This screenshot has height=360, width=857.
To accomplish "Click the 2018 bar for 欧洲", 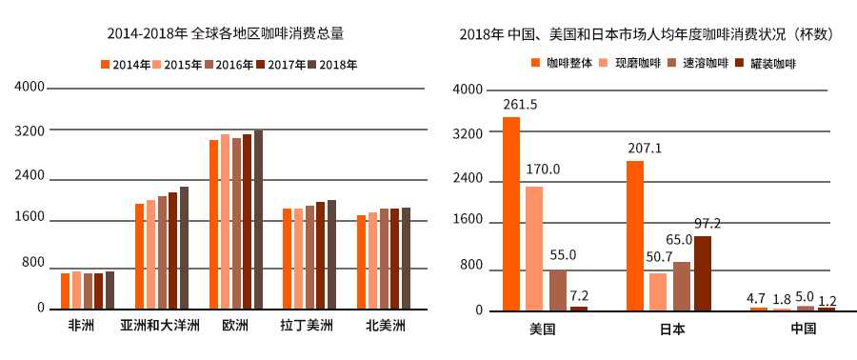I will [x=258, y=219].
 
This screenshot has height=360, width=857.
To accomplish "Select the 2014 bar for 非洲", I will [x=65, y=290].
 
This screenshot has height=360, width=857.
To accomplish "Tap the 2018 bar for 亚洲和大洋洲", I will [x=184, y=248].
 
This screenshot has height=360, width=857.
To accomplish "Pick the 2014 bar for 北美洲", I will [x=362, y=262].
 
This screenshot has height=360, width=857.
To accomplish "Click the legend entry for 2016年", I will [x=229, y=65].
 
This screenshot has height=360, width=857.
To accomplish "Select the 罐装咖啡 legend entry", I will [x=766, y=64].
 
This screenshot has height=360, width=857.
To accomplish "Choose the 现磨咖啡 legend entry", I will [x=630, y=64].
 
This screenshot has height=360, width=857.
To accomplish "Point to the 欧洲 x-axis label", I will [x=235, y=326].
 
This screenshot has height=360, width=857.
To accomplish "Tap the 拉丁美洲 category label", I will [x=307, y=326].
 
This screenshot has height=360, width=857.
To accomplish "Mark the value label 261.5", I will [x=520, y=105].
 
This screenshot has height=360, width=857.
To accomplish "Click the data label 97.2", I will [x=707, y=224].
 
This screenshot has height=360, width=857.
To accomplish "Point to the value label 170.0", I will [x=543, y=170].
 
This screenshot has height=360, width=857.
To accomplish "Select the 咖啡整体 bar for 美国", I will [x=511, y=214].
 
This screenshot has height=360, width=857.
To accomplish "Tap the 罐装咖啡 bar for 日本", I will [x=703, y=272].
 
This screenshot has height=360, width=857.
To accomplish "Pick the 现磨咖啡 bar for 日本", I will [x=658, y=291].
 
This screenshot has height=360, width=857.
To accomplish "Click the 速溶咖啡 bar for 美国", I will [x=557, y=290].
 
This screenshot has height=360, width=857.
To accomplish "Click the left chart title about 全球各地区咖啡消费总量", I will [x=226, y=33].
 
